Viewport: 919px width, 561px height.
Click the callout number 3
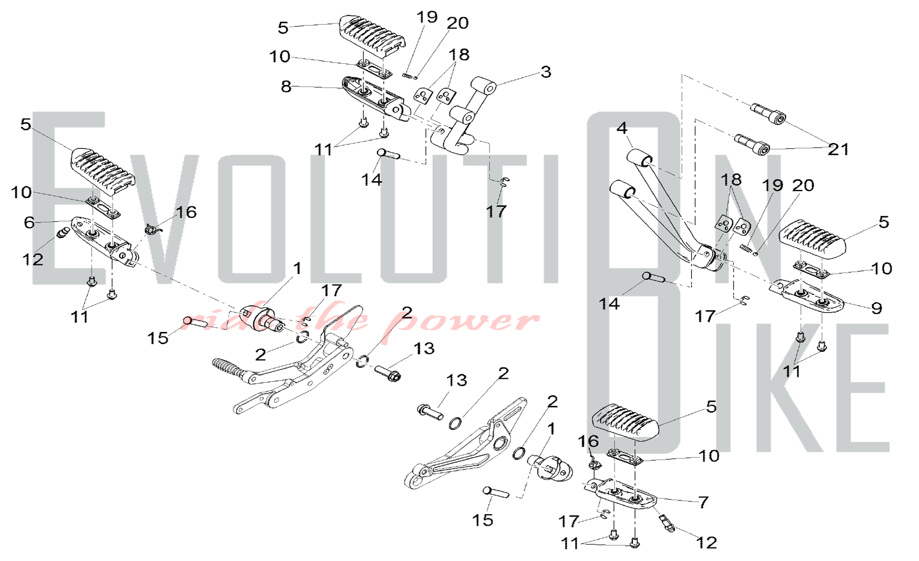(x=545, y=72)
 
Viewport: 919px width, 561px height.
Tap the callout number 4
(x=622, y=128)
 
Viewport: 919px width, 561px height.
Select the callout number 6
(x=29, y=223)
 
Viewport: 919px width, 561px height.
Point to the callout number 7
(x=703, y=502)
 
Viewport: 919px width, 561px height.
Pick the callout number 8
(x=286, y=86)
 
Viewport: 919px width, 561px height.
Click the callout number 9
(x=876, y=308)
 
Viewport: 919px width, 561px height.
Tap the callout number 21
(x=838, y=149)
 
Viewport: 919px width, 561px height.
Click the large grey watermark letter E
(x=69, y=198)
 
